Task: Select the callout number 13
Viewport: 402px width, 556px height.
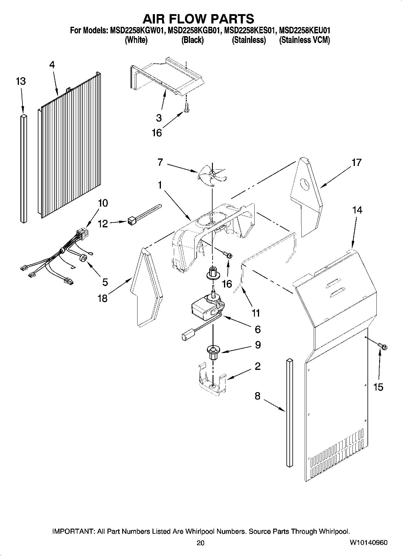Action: click(x=21, y=81)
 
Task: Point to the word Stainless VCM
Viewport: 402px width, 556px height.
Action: click(x=304, y=40)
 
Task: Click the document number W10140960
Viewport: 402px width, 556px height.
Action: click(x=368, y=542)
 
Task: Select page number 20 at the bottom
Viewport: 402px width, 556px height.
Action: click(x=201, y=543)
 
